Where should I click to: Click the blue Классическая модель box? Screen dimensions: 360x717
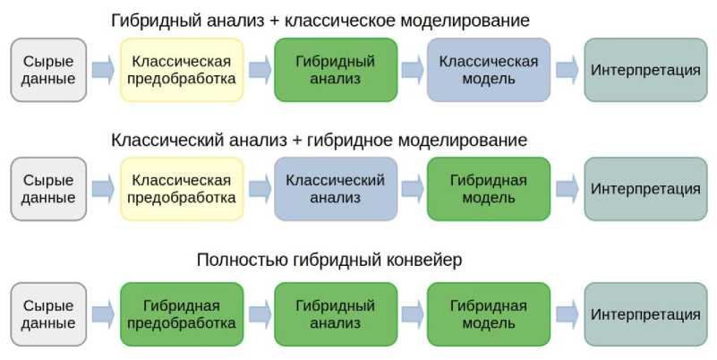tap(488, 69)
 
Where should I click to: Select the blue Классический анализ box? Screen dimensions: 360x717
tap(335, 188)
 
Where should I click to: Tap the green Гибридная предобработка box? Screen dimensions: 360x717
tap(182, 313)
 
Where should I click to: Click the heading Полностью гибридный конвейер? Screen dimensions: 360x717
tap(329, 261)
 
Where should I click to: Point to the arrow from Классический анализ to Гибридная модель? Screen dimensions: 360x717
tap(413, 188)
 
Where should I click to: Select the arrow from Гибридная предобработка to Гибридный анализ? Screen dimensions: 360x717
tap(260, 313)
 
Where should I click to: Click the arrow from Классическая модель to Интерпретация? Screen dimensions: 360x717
tap(566, 69)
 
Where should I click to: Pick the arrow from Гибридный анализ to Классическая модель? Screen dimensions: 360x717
tap(413, 69)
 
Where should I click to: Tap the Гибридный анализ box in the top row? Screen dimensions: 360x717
tap(335, 69)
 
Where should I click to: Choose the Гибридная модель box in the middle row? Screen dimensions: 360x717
tap(488, 188)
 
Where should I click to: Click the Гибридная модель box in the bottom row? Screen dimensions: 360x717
tap(488, 313)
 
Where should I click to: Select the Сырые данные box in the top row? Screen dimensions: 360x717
tap(48, 69)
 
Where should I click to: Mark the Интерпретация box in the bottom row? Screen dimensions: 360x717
tap(644, 313)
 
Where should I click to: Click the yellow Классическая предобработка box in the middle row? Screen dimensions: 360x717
tap(182, 188)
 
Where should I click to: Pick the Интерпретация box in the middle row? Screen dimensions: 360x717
tap(644, 188)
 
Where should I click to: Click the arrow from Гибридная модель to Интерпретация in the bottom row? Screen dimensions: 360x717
tap(566, 313)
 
